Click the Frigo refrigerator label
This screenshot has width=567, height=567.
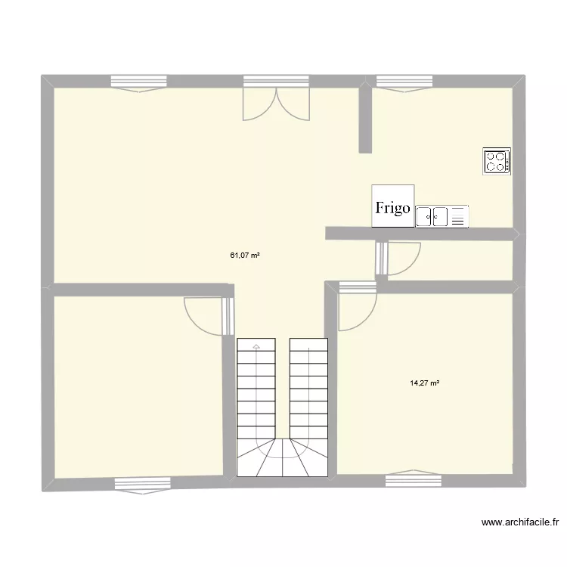click(x=392, y=206)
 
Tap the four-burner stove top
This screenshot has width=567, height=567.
click(x=497, y=162)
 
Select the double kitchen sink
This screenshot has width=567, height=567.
click(x=442, y=216)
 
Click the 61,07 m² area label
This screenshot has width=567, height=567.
click(x=245, y=256)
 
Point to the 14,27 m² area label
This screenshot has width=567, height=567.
click(x=425, y=383)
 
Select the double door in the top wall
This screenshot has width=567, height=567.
click(x=276, y=100)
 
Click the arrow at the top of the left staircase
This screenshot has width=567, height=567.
click(x=256, y=346)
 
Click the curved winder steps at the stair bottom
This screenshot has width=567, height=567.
click(x=282, y=457)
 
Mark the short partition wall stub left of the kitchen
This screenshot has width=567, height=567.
click(x=364, y=119)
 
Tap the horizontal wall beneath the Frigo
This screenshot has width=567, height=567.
click(x=420, y=234)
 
